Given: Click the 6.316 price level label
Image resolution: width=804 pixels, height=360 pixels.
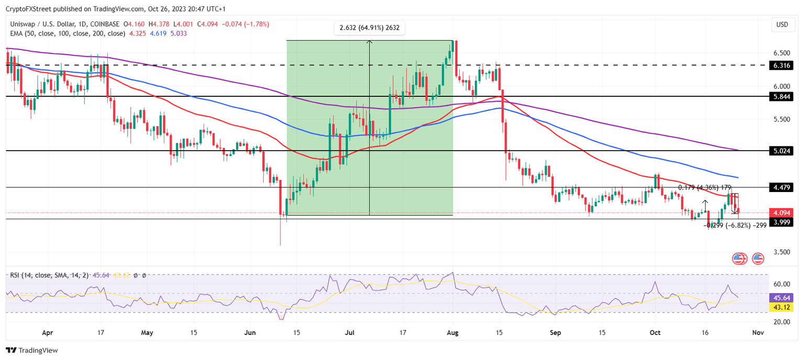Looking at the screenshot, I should (x=782, y=65).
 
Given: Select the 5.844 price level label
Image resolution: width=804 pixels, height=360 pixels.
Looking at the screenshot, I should (x=782, y=97).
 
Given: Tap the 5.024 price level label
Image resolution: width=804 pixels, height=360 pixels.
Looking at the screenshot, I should (x=782, y=151).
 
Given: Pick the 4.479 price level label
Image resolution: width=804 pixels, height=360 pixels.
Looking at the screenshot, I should (x=782, y=187).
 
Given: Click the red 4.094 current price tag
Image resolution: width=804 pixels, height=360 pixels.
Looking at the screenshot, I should (x=782, y=213).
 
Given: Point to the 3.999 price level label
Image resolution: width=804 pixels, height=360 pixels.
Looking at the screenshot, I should (x=782, y=222).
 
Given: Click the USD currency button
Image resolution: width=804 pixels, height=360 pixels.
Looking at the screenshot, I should (x=782, y=25).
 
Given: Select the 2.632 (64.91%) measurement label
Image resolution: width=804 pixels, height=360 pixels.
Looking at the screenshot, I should (x=370, y=28).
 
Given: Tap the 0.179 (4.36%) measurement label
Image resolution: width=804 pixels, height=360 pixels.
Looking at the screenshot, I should (x=705, y=187).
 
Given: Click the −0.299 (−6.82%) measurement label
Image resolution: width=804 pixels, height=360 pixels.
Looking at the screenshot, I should (x=736, y=226).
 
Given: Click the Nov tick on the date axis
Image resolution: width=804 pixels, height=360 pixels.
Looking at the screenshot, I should (x=757, y=332).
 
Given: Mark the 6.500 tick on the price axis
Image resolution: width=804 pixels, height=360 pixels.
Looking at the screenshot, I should (x=782, y=53).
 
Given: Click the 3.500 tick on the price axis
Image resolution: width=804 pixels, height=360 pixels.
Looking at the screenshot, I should (x=782, y=252).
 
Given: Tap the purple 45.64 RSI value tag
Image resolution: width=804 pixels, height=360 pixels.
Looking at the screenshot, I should (x=782, y=297).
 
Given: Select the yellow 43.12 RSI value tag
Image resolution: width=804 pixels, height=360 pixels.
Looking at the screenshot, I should (x=782, y=307).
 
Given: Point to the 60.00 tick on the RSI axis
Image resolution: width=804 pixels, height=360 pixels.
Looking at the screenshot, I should (x=782, y=284).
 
